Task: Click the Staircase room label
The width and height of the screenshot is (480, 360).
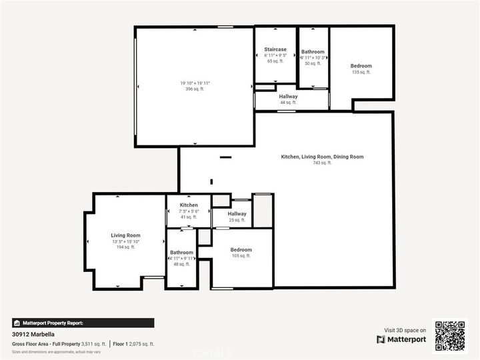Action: (275, 49)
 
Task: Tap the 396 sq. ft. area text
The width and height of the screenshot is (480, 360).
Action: (195, 89)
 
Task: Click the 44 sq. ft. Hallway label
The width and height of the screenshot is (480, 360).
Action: (289, 97)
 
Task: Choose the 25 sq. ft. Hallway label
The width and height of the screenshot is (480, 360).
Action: (237, 214)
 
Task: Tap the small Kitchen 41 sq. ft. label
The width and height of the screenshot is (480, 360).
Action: (189, 205)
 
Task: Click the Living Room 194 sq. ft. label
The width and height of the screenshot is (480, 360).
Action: (125, 235)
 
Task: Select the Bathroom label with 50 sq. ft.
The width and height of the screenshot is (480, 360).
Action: (313, 52)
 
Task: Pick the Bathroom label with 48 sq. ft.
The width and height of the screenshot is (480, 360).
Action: (181, 253)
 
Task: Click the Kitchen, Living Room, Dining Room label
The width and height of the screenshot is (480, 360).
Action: (322, 157)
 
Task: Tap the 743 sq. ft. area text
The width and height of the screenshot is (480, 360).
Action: (322, 163)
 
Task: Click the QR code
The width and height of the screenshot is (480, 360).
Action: (451, 335)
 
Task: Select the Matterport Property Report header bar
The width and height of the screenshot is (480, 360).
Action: (83, 323)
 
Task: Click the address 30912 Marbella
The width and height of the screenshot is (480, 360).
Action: (33, 335)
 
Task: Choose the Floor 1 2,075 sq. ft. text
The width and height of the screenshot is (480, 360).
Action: (133, 344)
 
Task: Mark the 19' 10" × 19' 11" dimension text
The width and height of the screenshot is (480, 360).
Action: (195, 83)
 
